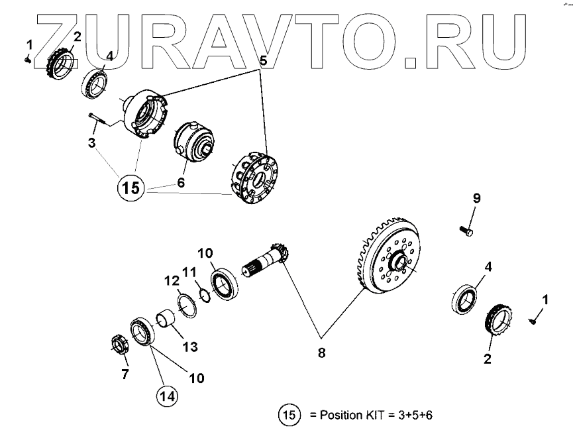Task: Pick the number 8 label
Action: (x=322, y=353)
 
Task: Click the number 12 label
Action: (x=172, y=282)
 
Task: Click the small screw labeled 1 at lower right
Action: (x=533, y=321)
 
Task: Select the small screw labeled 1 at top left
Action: (x=28, y=58)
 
